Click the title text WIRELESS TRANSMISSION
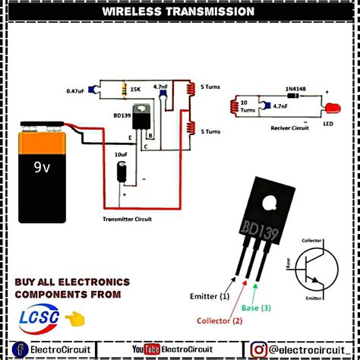tap(179, 12)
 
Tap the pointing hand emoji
tap(74, 317)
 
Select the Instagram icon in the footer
tap(258, 349)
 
